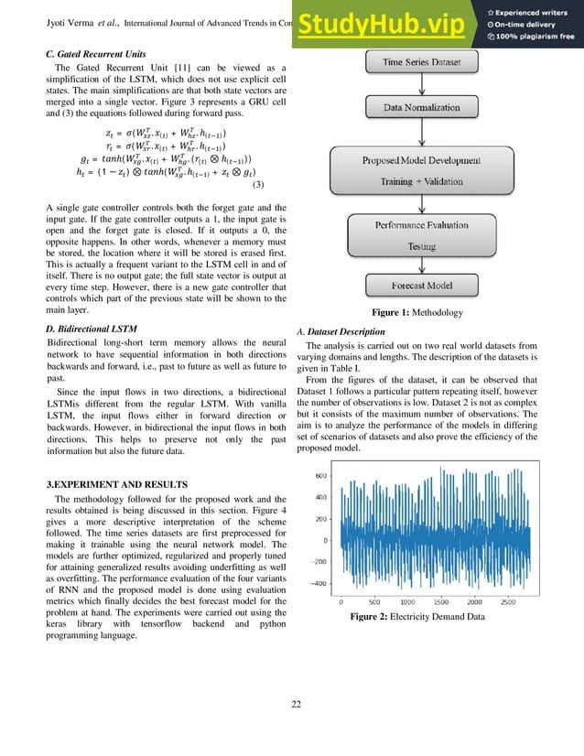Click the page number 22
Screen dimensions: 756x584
pyautogui.click(x=292, y=704)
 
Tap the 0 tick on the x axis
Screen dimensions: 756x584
pyautogui.click(x=341, y=603)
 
